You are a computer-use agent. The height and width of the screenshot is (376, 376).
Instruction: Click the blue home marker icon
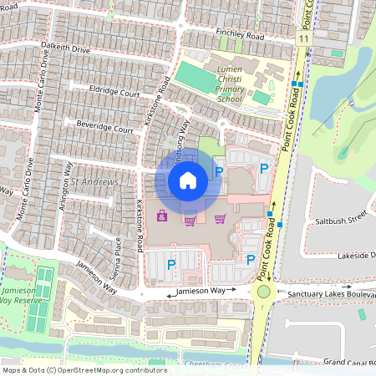coord(188,180)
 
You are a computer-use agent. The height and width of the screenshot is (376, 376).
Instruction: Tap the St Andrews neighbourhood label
coord(94,181)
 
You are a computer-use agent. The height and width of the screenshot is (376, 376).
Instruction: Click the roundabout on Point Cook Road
coord(266,292)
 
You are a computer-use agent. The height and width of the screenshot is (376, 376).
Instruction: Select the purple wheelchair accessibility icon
coord(161,217)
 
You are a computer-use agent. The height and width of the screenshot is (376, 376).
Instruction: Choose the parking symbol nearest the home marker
coord(219,172)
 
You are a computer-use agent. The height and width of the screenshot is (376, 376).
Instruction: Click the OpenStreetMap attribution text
coord(84,369)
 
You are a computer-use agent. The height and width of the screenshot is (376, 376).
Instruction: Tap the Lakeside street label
coord(356,256)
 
